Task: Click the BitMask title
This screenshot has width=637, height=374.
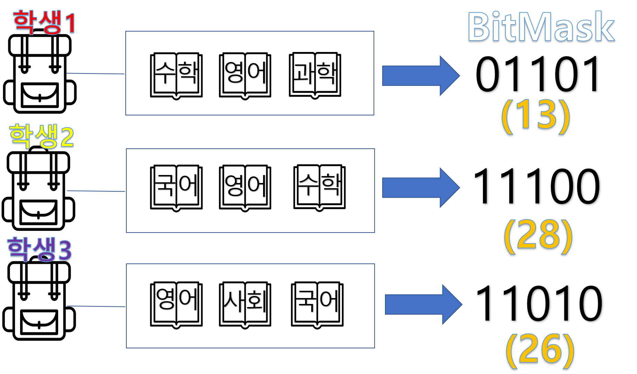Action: [541, 27]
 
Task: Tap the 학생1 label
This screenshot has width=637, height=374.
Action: [44, 23]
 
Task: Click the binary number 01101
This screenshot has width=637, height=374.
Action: [537, 75]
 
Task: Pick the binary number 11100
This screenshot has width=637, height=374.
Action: [537, 187]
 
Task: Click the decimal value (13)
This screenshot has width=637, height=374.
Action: [535, 116]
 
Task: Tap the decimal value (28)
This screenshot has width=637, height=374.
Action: [538, 236]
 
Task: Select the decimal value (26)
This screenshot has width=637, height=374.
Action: [540, 351]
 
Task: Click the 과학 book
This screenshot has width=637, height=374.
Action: [315, 76]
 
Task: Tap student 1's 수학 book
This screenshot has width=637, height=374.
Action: [177, 77]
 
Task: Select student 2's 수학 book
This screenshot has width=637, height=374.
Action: [320, 189]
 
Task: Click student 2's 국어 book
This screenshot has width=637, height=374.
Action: [177, 189]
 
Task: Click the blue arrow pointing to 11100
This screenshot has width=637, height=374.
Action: [420, 188]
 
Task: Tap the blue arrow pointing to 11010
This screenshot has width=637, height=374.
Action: [423, 304]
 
